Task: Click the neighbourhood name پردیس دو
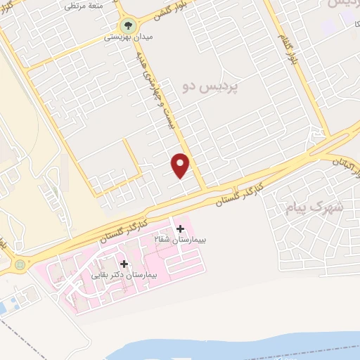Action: point(210,86)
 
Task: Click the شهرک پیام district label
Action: point(314,207)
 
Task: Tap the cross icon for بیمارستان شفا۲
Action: point(181,229)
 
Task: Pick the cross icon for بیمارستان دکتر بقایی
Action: point(124,264)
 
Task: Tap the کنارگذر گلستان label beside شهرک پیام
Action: point(238,194)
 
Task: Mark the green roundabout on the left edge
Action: point(19,265)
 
